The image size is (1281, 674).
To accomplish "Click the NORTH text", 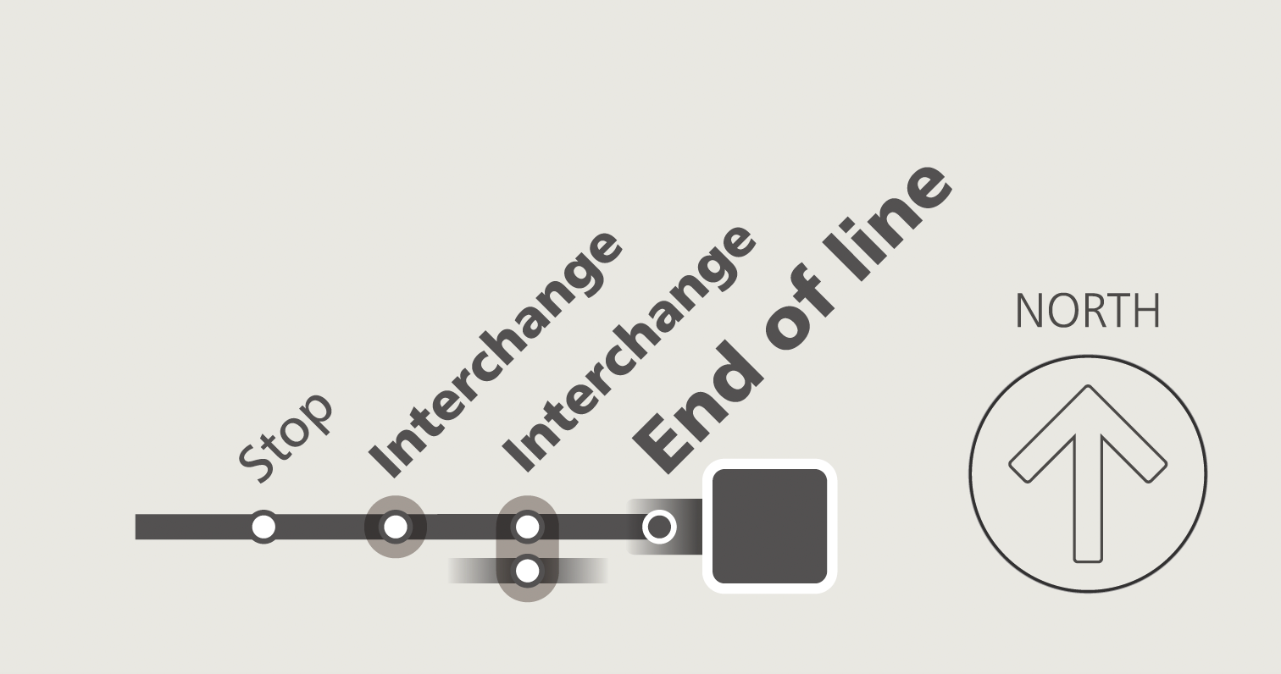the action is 1087,312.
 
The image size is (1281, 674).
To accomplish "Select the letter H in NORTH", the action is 1146,312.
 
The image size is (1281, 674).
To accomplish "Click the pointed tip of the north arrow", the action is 1088,389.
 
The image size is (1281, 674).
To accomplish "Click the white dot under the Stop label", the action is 263,527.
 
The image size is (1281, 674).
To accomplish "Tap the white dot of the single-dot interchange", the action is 396,527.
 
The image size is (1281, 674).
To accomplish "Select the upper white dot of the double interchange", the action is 527,527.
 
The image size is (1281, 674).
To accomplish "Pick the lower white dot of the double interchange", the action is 527,571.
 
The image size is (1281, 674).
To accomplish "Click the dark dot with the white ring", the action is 659,527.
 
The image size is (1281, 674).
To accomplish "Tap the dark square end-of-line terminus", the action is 769,527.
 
